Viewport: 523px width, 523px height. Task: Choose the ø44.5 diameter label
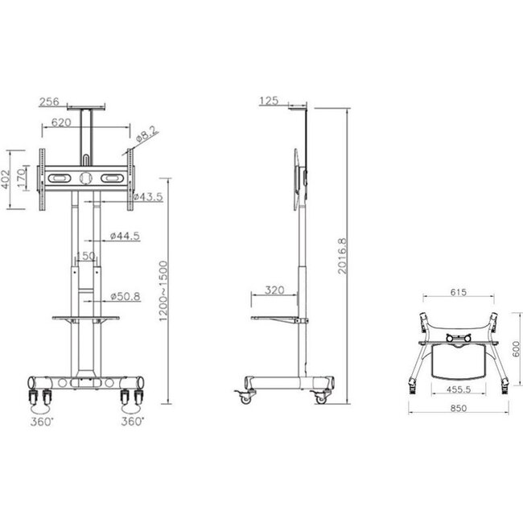tap(125, 235)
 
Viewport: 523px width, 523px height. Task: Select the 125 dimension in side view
tap(269, 101)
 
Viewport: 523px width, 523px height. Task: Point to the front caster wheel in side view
tap(242, 396)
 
